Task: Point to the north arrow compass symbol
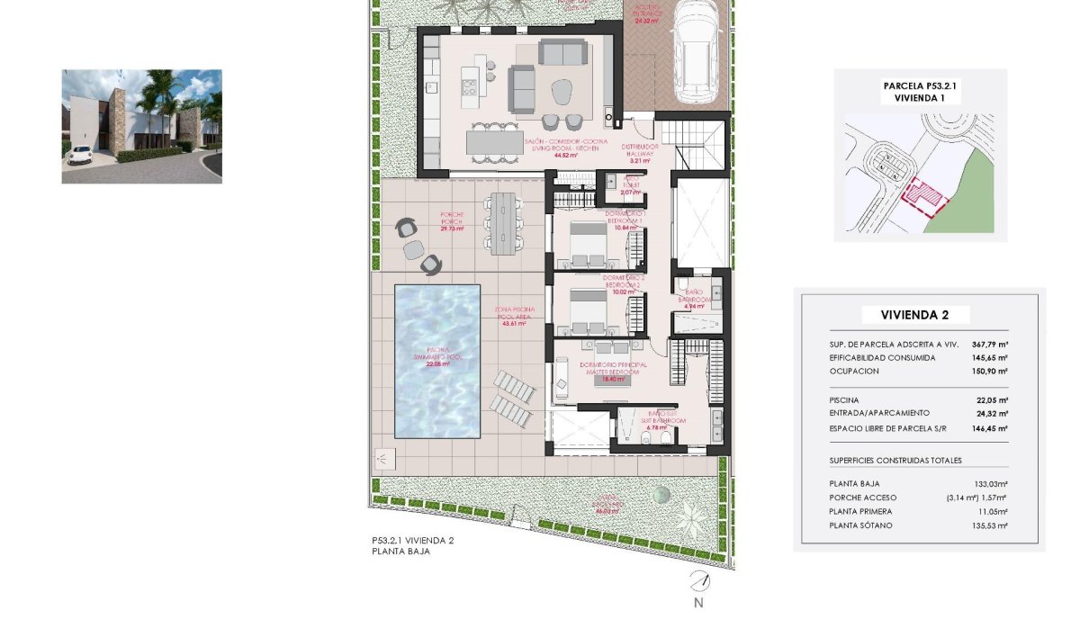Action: tap(698, 581)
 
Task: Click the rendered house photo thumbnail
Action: tap(141, 127)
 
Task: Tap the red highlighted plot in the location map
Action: tap(922, 196)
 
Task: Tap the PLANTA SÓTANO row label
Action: tap(861, 525)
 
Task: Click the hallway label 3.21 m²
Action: tap(641, 160)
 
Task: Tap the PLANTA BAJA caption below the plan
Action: tap(400, 552)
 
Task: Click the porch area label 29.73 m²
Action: tap(452, 229)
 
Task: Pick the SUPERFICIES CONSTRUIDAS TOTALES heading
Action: tap(895, 460)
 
